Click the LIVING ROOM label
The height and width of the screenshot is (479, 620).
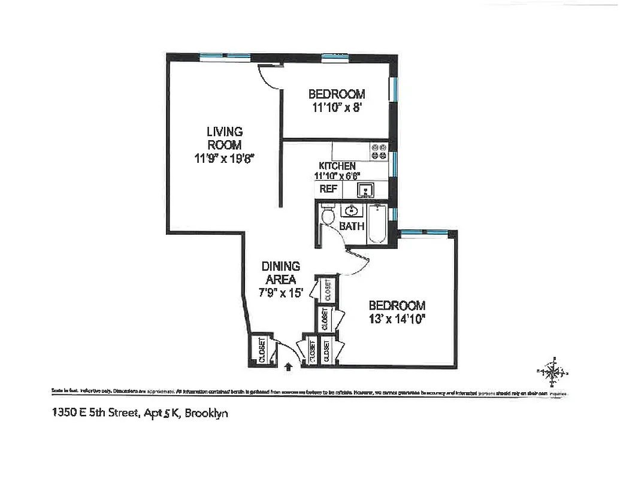coord(225,138)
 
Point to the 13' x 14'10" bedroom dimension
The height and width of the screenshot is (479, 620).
coord(397,318)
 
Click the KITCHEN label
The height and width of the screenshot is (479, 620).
coord(337,166)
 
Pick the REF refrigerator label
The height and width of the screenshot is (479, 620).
coord(328,189)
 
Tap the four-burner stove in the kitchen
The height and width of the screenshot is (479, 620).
coord(379,151)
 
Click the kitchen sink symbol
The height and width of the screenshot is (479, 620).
coord(366,190)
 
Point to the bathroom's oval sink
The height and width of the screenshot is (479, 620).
coord(351,211)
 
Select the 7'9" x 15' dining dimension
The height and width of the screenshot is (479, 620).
coord(281,293)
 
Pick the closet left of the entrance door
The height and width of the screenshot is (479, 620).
coord(262,350)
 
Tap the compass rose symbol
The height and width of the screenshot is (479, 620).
coord(555,372)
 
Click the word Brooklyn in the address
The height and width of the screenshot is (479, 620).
coord(207,413)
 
